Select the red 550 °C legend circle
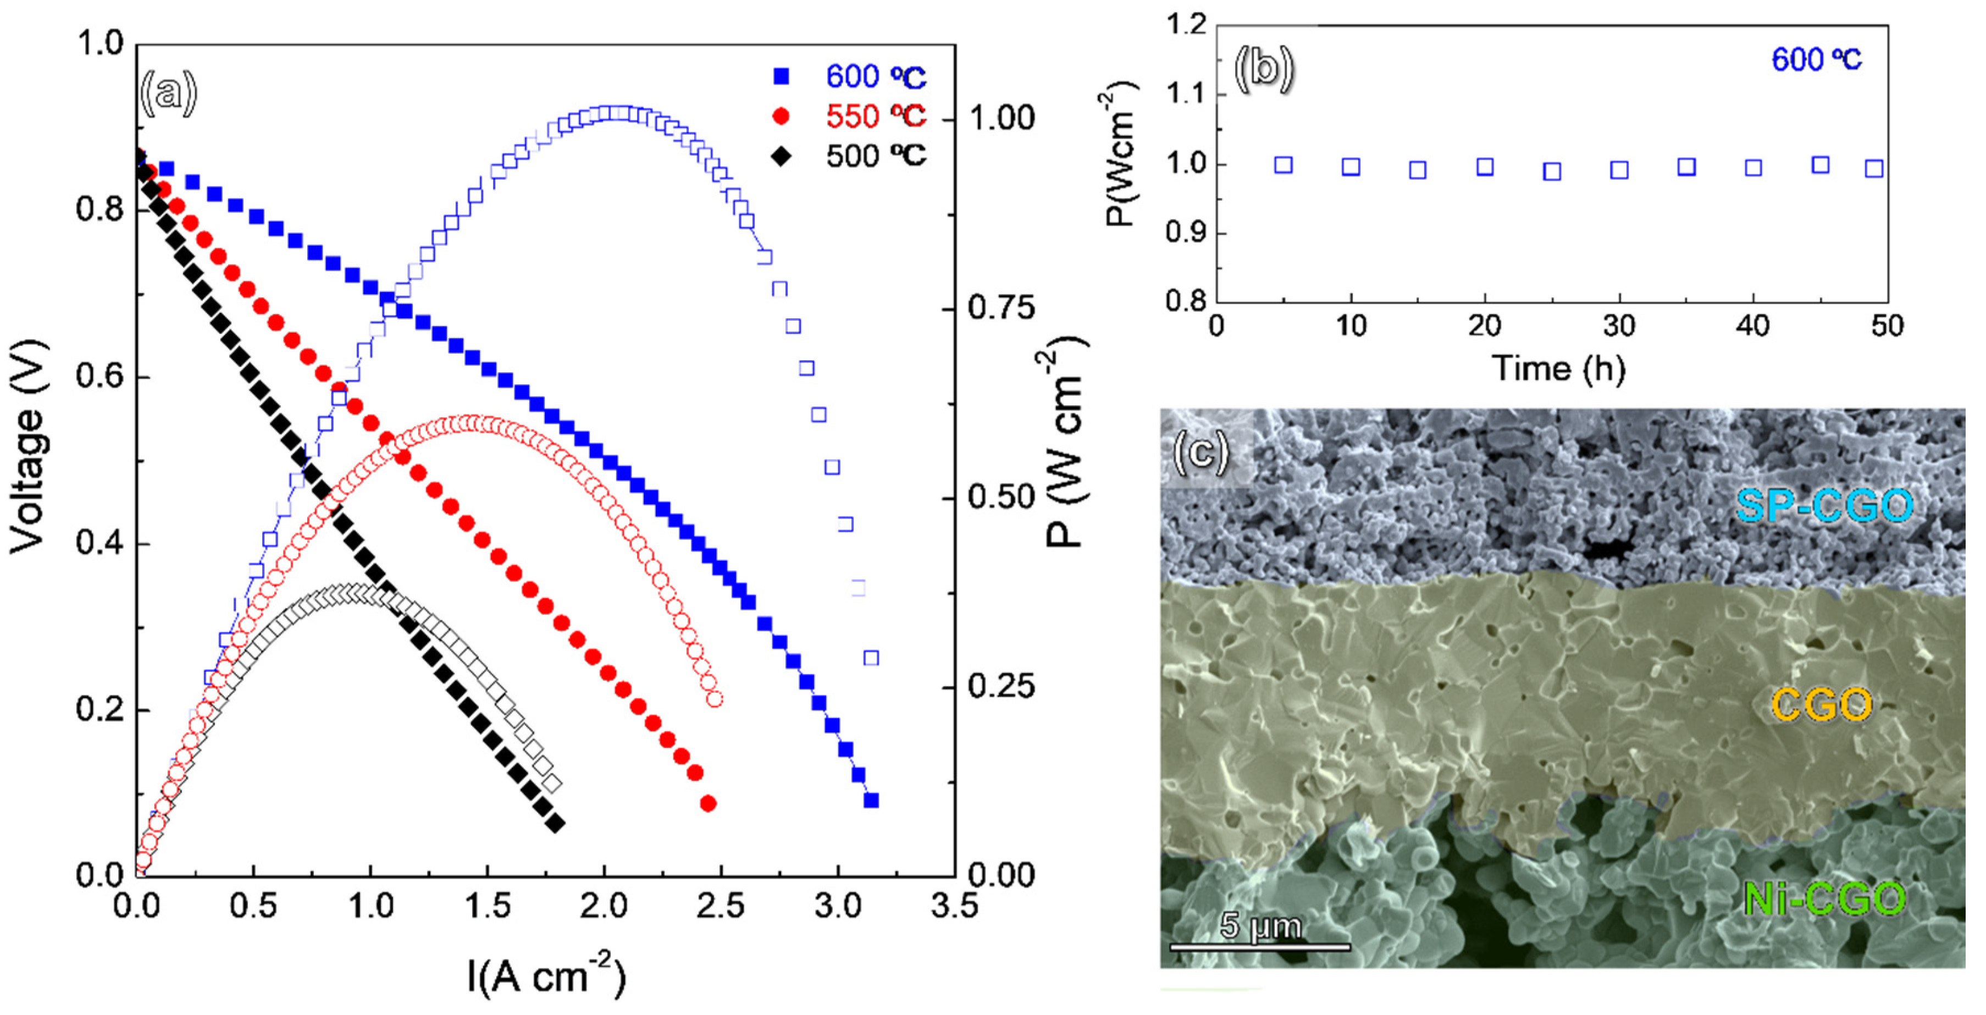coord(781,117)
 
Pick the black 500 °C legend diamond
coord(781,157)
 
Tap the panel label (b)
coord(1263,68)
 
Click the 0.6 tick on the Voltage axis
coord(100,377)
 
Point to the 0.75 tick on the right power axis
coord(1001,308)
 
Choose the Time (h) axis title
coord(1559,369)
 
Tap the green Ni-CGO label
coord(1823,898)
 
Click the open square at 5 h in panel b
coord(1283,164)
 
